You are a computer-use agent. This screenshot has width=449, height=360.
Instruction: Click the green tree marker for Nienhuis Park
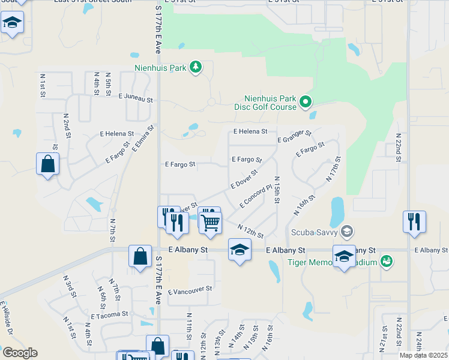(195, 67)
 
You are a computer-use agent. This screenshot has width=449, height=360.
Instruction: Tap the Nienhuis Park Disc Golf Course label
(270, 103)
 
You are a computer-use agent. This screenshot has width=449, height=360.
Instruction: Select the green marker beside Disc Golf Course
(306, 102)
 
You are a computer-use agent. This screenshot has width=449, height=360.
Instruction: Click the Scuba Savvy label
(314, 232)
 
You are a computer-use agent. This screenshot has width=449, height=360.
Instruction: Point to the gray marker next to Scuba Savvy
(346, 231)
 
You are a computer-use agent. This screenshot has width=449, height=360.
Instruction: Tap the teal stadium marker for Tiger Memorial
(387, 262)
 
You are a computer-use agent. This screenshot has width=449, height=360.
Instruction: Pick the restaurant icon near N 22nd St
(414, 221)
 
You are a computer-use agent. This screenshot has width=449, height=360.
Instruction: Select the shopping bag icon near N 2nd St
(47, 164)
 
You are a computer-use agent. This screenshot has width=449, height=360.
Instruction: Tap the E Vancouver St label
(190, 290)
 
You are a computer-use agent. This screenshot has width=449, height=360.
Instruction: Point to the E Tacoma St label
(109, 314)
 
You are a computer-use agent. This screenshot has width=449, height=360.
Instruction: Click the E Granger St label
(294, 136)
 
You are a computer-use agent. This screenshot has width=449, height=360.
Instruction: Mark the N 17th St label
(333, 169)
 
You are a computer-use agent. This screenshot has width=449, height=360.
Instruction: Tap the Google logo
(20, 353)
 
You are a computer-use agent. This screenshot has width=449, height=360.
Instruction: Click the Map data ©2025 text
(423, 355)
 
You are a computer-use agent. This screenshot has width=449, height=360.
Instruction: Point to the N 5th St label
(109, 84)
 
